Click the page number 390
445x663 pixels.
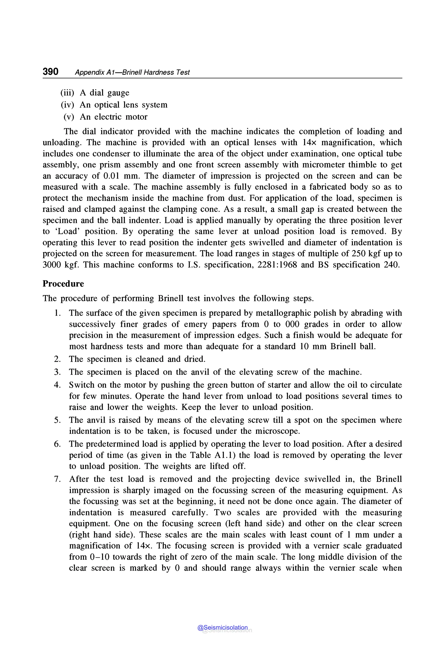click(x=50, y=72)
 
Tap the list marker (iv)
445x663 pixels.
click(x=67, y=105)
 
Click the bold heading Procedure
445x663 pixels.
click(x=63, y=284)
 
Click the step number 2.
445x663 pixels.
click(x=57, y=359)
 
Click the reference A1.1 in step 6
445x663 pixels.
click(x=224, y=455)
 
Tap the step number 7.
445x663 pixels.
click(x=57, y=479)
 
